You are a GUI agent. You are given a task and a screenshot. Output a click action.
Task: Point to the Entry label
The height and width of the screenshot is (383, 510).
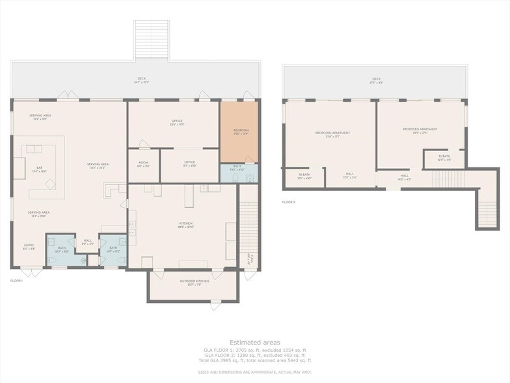(x=29, y=246)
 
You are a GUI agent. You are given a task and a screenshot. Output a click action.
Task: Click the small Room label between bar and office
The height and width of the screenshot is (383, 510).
(x=144, y=164)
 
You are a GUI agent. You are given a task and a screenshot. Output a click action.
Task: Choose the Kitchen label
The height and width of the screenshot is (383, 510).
(x=185, y=225)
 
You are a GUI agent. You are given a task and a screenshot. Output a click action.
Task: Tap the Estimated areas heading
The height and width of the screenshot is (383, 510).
(x=254, y=342)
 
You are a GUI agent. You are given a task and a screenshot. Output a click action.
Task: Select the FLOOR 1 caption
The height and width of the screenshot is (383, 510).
(x=17, y=280)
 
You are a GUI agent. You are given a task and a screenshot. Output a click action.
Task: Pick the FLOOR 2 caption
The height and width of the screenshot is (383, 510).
(x=289, y=203)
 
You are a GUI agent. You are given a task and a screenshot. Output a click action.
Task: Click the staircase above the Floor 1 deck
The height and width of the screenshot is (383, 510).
(x=151, y=40)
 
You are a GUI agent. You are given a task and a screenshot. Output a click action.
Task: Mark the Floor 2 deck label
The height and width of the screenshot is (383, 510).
(x=375, y=80)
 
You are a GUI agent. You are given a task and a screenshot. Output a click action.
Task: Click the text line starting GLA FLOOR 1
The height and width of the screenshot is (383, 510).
(x=254, y=350)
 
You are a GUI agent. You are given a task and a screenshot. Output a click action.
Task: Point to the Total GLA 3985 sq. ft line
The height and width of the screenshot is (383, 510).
(x=254, y=360)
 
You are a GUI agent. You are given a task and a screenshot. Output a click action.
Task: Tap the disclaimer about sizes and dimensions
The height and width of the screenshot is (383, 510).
(x=254, y=371)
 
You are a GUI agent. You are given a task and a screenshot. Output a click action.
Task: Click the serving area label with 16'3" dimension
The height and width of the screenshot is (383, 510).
(x=99, y=165)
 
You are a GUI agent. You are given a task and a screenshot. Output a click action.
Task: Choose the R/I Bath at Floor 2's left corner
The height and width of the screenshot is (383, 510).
(x=304, y=176)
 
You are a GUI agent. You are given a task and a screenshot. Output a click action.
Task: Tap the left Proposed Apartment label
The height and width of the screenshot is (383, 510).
(x=332, y=134)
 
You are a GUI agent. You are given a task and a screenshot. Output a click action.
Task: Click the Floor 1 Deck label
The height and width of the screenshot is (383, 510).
(x=141, y=80)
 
